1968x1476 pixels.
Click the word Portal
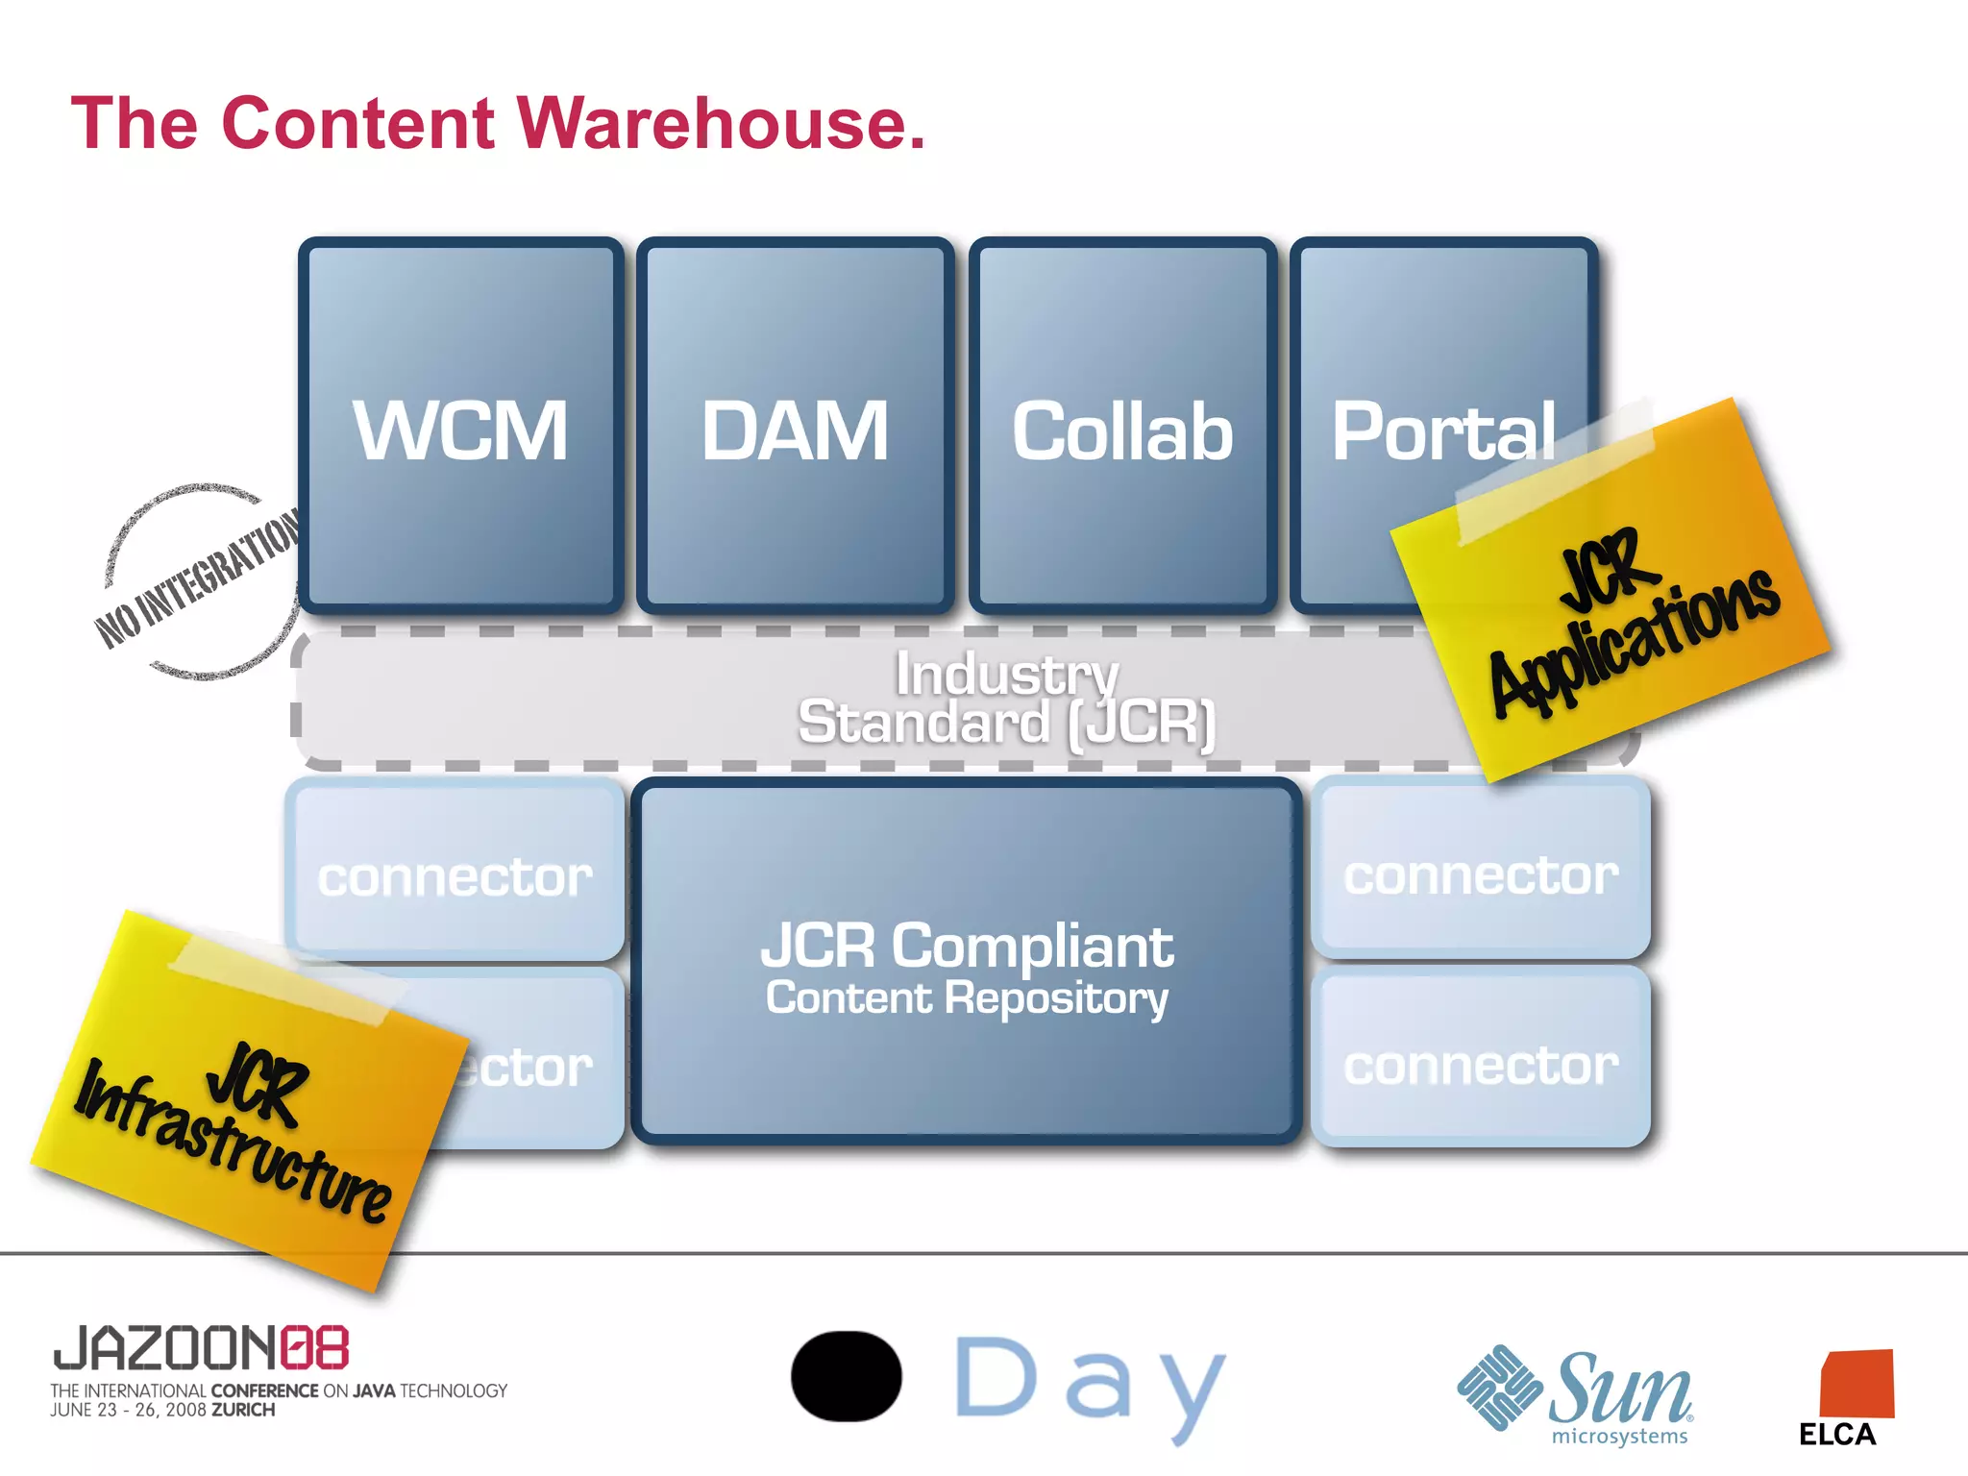1441,431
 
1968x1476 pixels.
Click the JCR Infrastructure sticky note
240,1115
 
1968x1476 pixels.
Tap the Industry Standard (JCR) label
1006,699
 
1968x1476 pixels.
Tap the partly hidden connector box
538,1067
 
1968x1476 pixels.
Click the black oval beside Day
846,1376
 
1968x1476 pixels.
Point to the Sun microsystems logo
1576,1393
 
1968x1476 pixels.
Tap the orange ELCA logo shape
1857,1384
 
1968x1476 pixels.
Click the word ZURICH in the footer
243,1410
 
